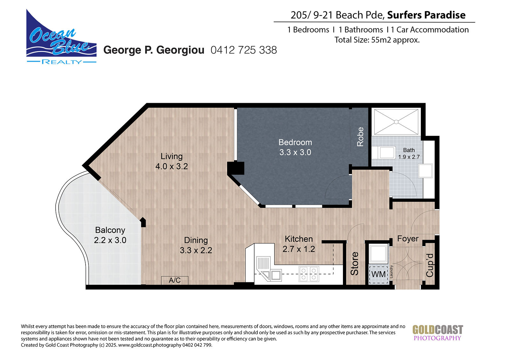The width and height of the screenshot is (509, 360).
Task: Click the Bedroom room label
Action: click(295, 142)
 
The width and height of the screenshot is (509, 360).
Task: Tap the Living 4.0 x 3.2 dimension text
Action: click(171, 166)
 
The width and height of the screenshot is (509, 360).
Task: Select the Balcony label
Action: click(110, 230)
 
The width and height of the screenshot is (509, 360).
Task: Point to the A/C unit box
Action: click(175, 280)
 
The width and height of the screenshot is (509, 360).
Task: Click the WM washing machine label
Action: click(378, 274)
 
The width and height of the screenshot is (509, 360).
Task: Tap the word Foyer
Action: click(408, 239)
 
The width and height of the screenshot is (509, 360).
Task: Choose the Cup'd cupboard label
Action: click(429, 265)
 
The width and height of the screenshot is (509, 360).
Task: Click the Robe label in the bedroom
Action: click(360, 137)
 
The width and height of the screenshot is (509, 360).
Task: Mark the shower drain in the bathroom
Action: click(396, 122)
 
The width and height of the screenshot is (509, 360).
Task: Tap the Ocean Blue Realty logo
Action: click(61, 37)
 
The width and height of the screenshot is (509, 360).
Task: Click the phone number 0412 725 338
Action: click(244, 50)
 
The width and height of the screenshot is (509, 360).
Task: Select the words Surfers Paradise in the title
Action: click(426, 15)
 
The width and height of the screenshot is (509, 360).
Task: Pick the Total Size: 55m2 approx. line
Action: click(377, 40)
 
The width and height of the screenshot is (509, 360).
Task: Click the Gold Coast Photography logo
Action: click(438, 333)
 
